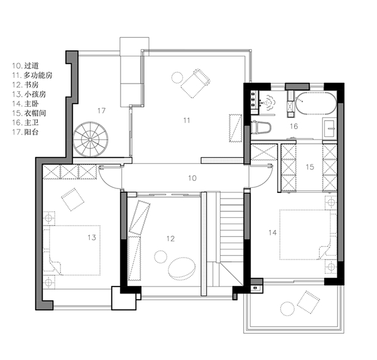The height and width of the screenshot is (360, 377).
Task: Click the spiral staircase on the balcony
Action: [90, 139]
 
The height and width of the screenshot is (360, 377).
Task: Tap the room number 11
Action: [187, 120]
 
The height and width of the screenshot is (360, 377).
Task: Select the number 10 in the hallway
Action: [192, 178]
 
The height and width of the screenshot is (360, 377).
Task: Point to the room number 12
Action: [170, 239]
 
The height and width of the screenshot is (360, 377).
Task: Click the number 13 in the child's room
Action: [92, 237]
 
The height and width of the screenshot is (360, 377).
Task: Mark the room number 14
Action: [273, 232]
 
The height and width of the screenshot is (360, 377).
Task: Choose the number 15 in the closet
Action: [310, 167]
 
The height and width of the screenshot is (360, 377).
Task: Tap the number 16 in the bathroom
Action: [294, 126]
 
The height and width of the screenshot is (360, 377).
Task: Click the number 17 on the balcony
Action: [101, 111]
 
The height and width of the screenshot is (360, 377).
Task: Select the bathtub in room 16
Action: [315, 103]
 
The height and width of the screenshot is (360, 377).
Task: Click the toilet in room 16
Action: [261, 127]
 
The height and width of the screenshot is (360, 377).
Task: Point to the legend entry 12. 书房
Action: [25, 85]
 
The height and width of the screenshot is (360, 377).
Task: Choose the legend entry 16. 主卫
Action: [25, 123]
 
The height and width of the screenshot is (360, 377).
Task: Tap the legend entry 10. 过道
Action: [25, 65]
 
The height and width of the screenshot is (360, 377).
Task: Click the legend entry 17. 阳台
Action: [25, 132]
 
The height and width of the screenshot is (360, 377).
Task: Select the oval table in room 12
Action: [182, 269]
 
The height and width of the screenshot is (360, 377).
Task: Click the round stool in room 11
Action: [177, 78]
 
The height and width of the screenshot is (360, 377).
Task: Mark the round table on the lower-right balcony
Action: [287, 308]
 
